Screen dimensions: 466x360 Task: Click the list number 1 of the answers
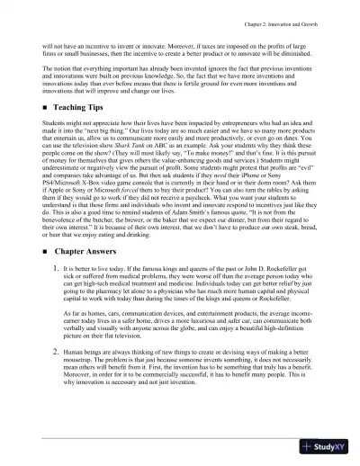(x=56, y=269)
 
